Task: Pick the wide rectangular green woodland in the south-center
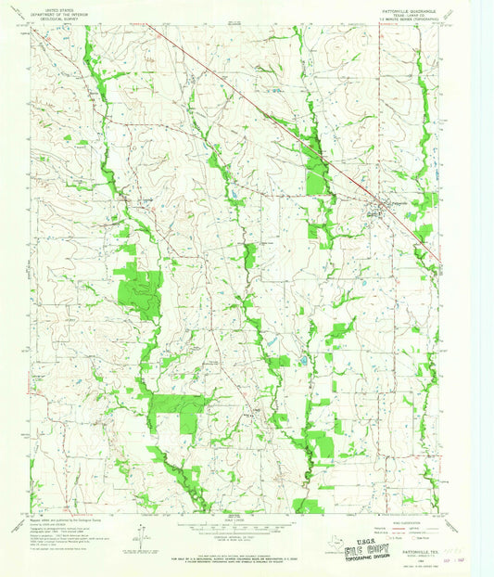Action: [178, 404]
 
